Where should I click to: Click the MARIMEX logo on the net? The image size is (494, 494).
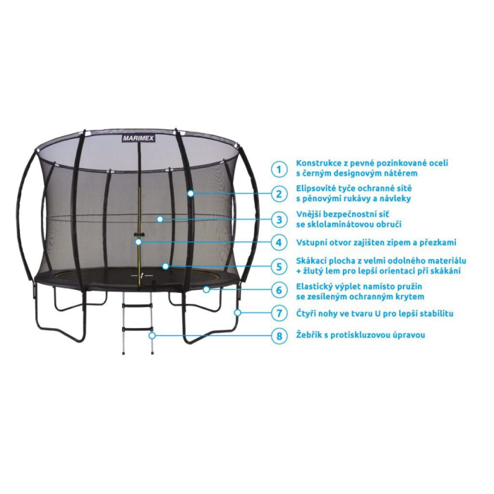[x=138, y=138]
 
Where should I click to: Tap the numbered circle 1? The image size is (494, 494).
[x=279, y=169]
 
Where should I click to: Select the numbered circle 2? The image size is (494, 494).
[x=279, y=194]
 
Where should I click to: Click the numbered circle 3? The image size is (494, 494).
[x=279, y=219]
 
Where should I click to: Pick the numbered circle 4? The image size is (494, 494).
[x=279, y=243]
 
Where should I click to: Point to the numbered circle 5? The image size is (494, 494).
[x=279, y=267]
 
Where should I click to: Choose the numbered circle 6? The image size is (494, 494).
[x=279, y=290]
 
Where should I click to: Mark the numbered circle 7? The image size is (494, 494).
[x=279, y=313]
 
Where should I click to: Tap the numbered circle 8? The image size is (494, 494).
[x=279, y=336]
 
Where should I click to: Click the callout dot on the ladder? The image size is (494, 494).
[x=152, y=335]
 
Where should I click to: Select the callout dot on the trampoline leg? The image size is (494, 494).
[x=238, y=313]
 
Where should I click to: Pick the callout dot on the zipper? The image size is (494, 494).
[x=138, y=242]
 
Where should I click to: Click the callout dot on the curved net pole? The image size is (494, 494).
[x=191, y=193]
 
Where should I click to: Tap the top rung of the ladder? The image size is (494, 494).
[x=138, y=305]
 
